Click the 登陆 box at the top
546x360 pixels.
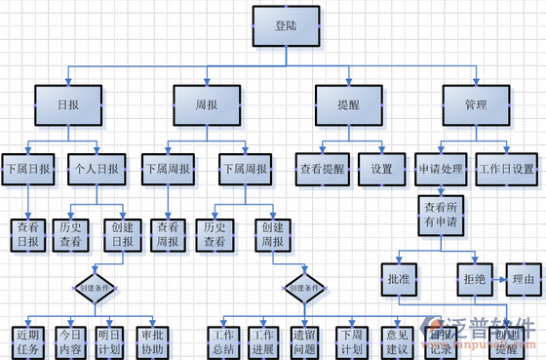pyautogui.click(x=286, y=27)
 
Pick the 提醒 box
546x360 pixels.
pyautogui.click(x=348, y=105)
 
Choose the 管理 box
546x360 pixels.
pyautogui.click(x=476, y=105)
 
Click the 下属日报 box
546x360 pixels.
pyautogui.click(x=26, y=169)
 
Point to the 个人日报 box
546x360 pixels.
pyautogui.click(x=96, y=169)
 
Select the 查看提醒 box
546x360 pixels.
pyautogui.click(x=322, y=169)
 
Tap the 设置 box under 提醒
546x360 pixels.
pyautogui.click(x=381, y=169)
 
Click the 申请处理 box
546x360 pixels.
pyautogui.click(x=440, y=169)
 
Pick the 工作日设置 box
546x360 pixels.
pyautogui.click(x=508, y=169)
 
